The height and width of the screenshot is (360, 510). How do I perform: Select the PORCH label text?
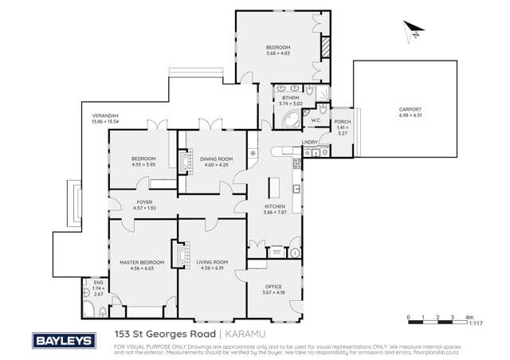tap(342, 122)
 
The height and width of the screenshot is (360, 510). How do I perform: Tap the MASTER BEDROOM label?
tap(142, 262)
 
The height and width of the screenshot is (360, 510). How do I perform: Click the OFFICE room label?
tap(273, 287)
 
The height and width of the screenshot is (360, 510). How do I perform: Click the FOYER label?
tap(144, 202)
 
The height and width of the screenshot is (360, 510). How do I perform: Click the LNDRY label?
tap(310, 142)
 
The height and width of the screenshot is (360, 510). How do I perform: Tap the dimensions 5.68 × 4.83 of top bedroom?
tap(278, 54)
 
